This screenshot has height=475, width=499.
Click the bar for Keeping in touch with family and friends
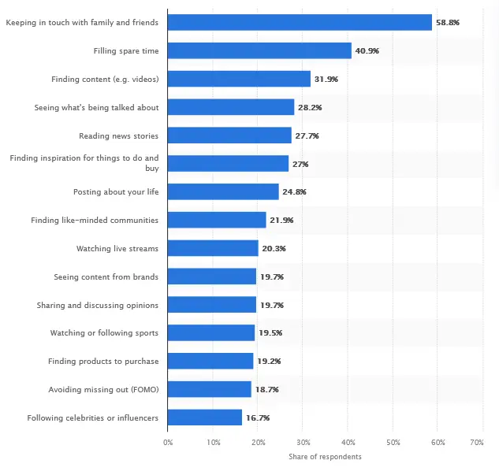pyautogui.click(x=300, y=22)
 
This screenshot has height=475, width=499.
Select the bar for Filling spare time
pyautogui.click(x=259, y=50)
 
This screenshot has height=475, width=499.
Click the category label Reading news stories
pyautogui.click(x=118, y=135)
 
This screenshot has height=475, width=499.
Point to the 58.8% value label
pyautogui.click(x=449, y=22)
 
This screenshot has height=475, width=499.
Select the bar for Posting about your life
pyautogui.click(x=223, y=191)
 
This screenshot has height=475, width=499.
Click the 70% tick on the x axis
pyautogui.click(x=476, y=443)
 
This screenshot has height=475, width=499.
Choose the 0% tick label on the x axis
pyautogui.click(x=168, y=443)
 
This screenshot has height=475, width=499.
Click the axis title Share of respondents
pyautogui.click(x=325, y=457)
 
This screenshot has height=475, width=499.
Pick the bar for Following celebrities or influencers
pyautogui.click(x=205, y=417)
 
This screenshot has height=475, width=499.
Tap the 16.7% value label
pyautogui.click(x=259, y=417)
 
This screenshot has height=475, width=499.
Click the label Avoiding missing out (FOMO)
pyautogui.click(x=103, y=389)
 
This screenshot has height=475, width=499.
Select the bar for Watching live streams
pyautogui.click(x=213, y=248)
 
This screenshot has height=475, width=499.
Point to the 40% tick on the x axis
pyautogui.click(x=348, y=443)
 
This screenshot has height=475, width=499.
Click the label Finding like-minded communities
pyautogui.click(x=95, y=220)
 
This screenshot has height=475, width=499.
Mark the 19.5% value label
pyautogui.click(x=270, y=333)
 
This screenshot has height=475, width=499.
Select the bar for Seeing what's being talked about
pyautogui.click(x=231, y=107)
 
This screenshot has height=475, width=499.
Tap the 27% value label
pyautogui.click(x=300, y=164)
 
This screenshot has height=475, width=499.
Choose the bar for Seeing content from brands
pyautogui.click(x=212, y=276)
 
